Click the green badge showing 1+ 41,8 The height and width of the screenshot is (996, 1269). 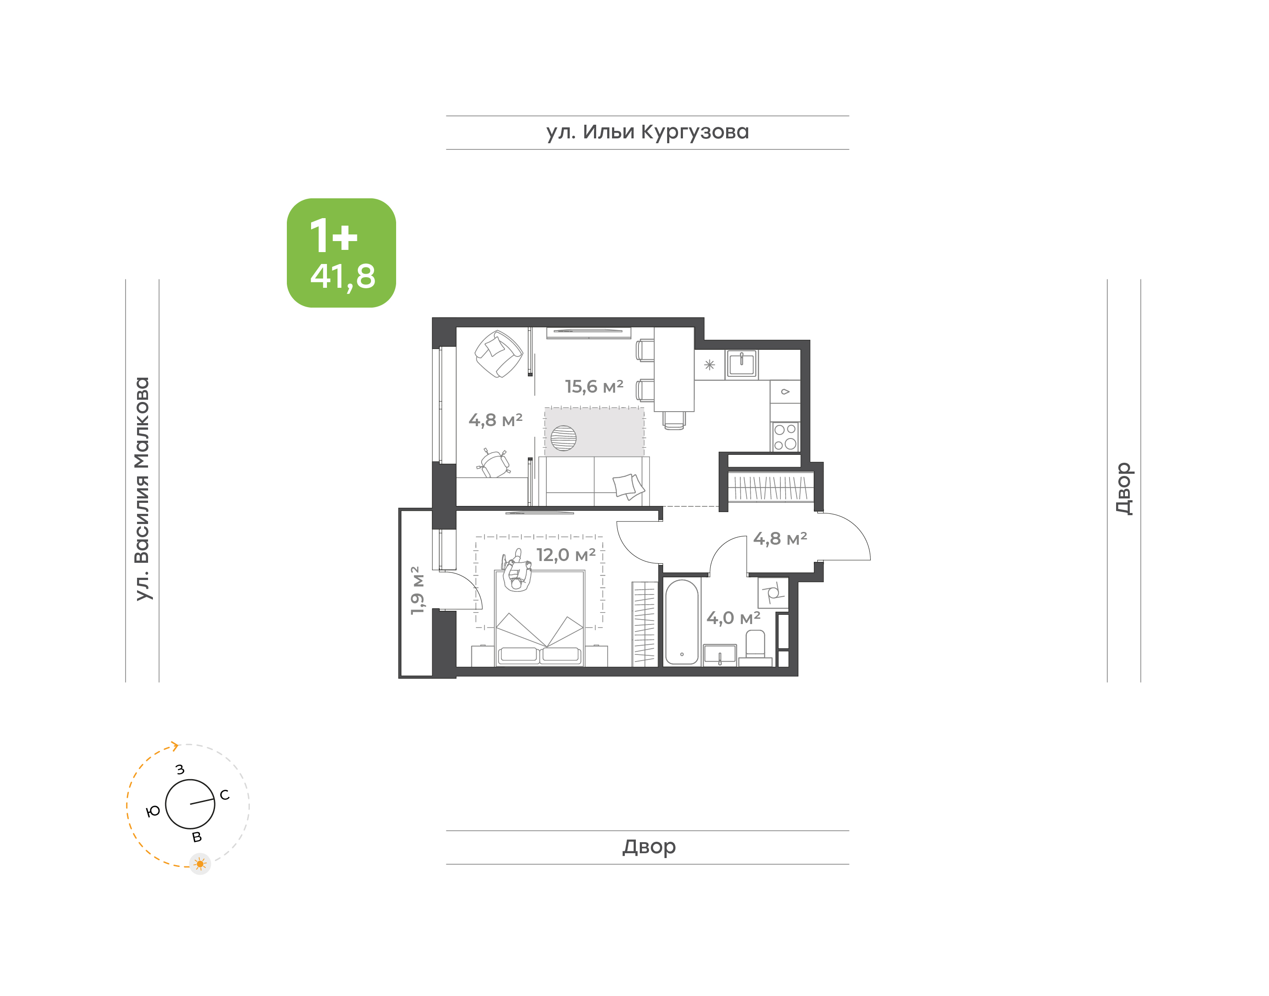click(x=341, y=253)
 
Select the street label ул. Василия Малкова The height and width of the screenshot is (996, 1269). click(x=142, y=488)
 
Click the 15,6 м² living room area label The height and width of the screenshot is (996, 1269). click(x=594, y=386)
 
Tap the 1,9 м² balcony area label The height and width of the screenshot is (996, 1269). click(x=417, y=590)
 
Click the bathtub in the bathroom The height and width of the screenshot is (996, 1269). click(x=681, y=622)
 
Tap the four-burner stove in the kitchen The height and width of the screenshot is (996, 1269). click(x=785, y=437)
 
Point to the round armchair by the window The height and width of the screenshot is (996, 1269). click(x=498, y=354)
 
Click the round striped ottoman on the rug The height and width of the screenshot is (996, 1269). click(x=563, y=438)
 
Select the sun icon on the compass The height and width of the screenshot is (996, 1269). click(x=200, y=864)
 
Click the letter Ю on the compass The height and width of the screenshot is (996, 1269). click(x=153, y=811)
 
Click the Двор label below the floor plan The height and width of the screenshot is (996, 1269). click(x=649, y=847)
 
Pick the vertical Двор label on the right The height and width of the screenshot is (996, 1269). click(x=1124, y=489)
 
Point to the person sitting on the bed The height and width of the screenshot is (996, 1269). click(x=516, y=572)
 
